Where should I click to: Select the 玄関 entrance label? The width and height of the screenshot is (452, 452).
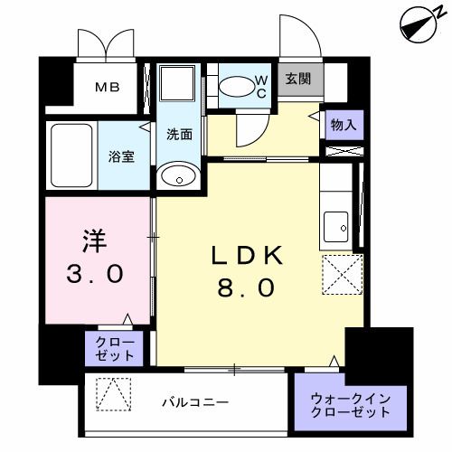[x=298, y=79]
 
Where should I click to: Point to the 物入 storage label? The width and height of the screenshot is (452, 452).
[x=342, y=125]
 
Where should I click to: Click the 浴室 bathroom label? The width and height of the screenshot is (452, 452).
[x=123, y=155]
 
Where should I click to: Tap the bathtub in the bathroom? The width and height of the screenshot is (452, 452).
[x=71, y=155]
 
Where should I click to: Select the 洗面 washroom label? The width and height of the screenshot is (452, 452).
[x=178, y=134]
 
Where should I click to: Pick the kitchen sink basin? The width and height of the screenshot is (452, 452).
[x=338, y=226]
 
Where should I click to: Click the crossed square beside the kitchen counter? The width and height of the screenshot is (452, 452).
[x=343, y=274]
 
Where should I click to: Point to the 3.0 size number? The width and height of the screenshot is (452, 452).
[x=94, y=274]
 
